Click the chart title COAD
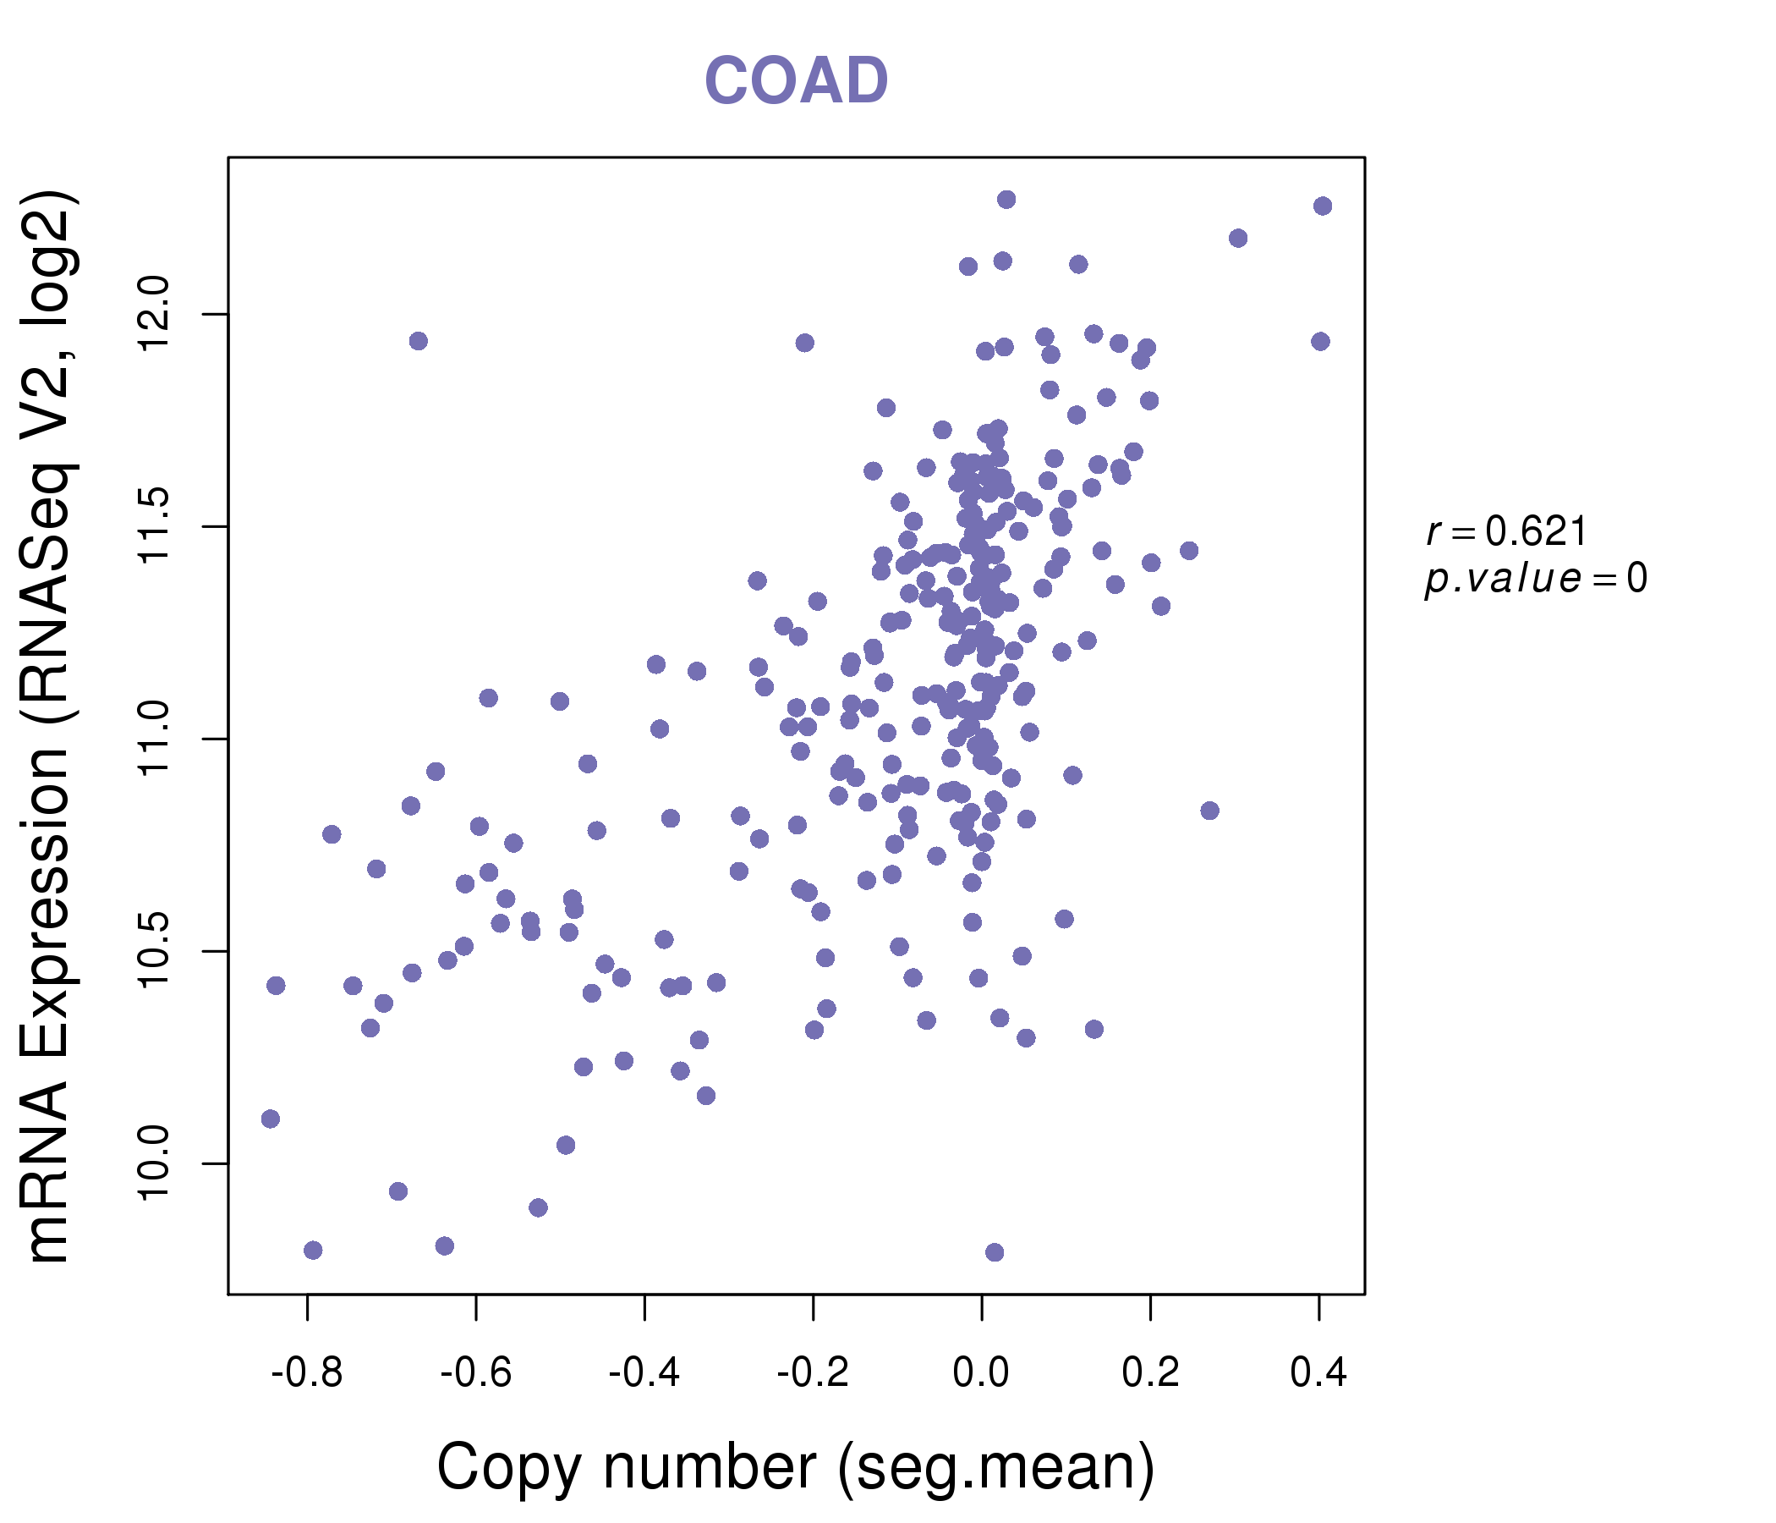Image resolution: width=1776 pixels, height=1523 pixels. coord(796,80)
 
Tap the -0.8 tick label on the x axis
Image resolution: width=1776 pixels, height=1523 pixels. coord(307,1373)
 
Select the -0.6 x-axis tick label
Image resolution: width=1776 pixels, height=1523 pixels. coord(475,1373)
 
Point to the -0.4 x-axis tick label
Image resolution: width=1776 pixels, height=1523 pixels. coord(644,1373)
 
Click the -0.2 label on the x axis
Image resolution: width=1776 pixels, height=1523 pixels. coord(813,1373)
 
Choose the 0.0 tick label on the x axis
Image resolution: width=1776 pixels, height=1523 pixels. coord(981,1373)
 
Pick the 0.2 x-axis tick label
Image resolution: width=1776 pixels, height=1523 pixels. coord(1150,1373)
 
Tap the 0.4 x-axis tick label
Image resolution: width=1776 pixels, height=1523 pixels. coord(1318,1373)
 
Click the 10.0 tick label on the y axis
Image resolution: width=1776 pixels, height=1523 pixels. coord(155,1163)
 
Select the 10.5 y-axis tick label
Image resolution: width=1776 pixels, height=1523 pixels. coord(155,951)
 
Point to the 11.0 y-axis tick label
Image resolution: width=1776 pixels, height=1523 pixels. coord(155,740)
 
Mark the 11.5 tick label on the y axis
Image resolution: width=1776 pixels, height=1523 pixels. coord(155,526)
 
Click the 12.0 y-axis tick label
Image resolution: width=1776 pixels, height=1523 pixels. coord(155,314)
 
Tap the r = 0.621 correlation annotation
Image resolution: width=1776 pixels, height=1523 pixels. coord(1507,531)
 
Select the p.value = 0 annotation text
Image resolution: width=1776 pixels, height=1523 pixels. coord(1536,579)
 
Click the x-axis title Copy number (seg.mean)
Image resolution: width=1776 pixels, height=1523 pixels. coord(796,1467)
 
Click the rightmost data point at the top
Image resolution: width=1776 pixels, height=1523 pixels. coord(1323,206)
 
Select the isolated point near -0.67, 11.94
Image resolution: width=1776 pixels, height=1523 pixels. coord(419,341)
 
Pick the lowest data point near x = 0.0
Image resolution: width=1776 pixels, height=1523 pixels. coord(995,1253)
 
